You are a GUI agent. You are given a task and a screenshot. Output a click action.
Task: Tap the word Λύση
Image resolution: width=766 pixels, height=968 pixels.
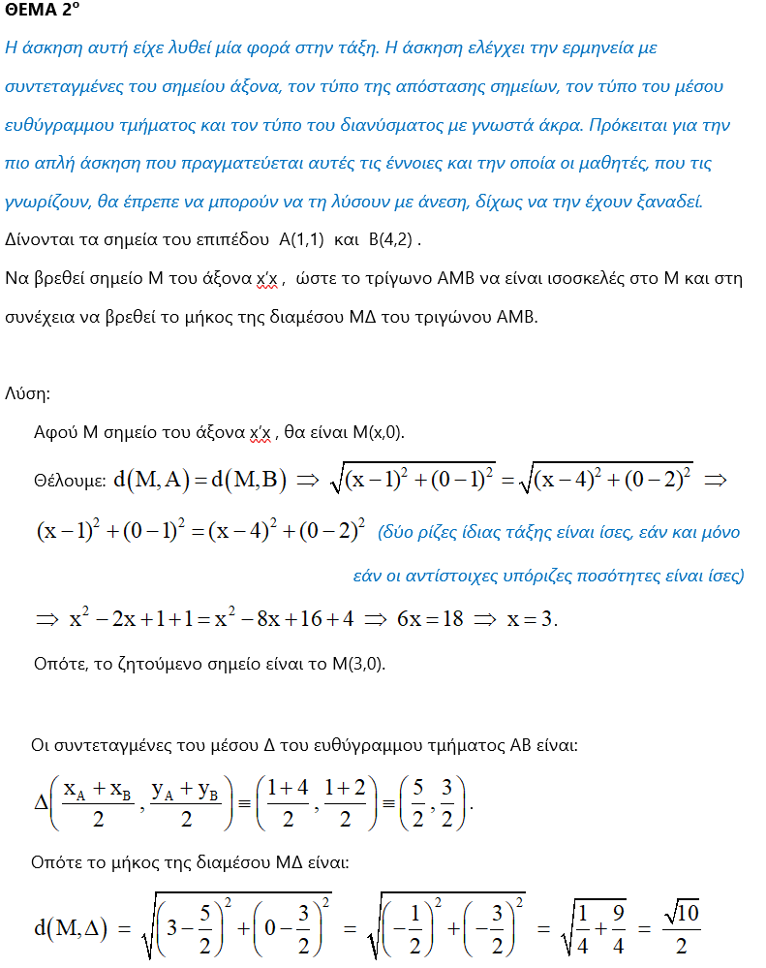click(27, 394)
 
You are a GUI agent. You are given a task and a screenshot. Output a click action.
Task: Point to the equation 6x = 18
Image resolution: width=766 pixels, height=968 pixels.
click(430, 619)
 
